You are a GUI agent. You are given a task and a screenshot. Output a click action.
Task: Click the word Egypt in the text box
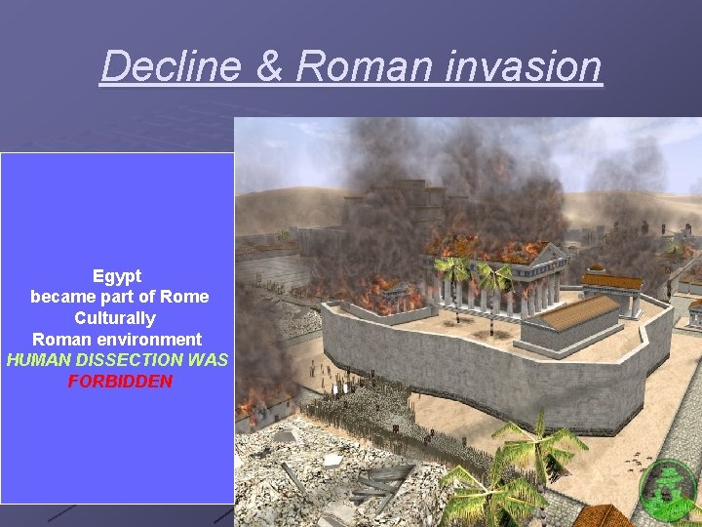pos(117,276)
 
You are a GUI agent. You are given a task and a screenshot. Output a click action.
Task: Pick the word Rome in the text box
pos(186,297)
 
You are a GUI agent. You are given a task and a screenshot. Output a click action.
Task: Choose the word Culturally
pos(115,318)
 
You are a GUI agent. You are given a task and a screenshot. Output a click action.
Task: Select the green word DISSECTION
pos(132,360)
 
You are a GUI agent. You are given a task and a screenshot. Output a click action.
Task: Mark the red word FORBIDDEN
pos(120,381)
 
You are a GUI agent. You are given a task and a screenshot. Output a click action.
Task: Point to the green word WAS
pos(210,360)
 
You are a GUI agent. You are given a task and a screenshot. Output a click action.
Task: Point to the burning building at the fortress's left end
pos(390,293)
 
